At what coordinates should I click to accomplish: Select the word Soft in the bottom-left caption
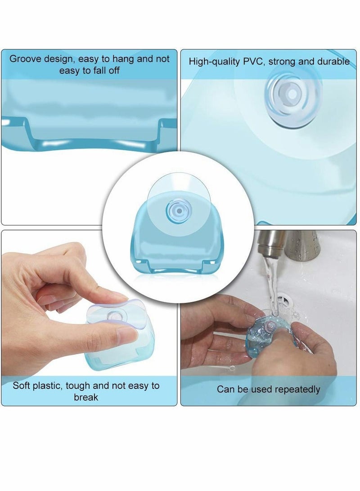pos(22,386)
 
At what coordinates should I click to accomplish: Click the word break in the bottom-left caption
pos(86,397)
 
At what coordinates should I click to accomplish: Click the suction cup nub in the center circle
pos(174,210)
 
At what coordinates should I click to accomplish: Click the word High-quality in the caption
pos(214,62)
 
